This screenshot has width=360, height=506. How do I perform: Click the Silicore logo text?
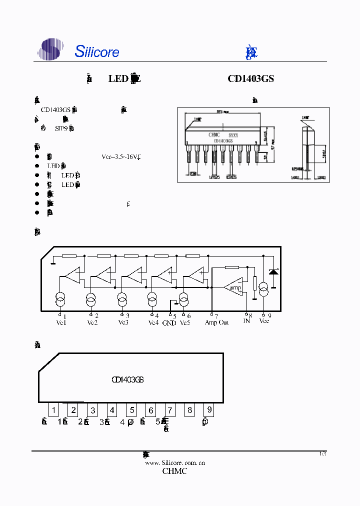point(97,51)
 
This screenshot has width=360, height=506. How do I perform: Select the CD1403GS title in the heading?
point(250,78)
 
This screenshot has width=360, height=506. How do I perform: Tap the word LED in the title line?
point(118,78)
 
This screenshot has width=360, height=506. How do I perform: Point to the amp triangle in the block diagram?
point(233,287)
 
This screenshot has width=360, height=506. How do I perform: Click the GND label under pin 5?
point(169,323)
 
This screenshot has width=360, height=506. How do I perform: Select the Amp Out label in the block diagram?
point(216,322)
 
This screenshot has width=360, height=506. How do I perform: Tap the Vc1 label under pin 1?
point(61,322)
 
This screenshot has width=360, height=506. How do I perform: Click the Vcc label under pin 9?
point(264,321)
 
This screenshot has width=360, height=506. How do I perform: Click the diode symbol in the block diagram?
point(273,271)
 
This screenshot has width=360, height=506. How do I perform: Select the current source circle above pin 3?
point(122,300)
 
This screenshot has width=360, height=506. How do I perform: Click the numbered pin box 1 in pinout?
point(54,410)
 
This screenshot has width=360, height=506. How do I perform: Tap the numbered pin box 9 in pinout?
point(209,410)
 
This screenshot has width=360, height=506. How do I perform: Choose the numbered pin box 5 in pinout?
point(131,410)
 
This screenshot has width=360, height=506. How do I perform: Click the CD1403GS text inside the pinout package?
point(128,379)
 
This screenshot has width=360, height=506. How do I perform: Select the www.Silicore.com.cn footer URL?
point(175,462)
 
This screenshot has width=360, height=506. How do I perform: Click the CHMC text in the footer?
point(174,471)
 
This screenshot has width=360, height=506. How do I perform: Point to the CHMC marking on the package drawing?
point(214,135)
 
